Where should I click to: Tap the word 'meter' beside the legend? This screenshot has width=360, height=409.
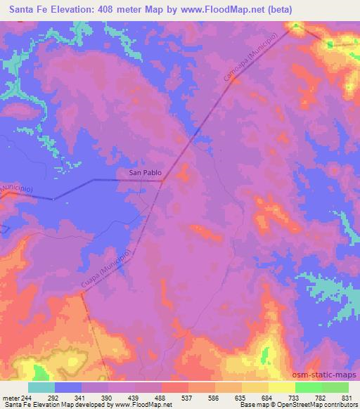click(13, 396)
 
